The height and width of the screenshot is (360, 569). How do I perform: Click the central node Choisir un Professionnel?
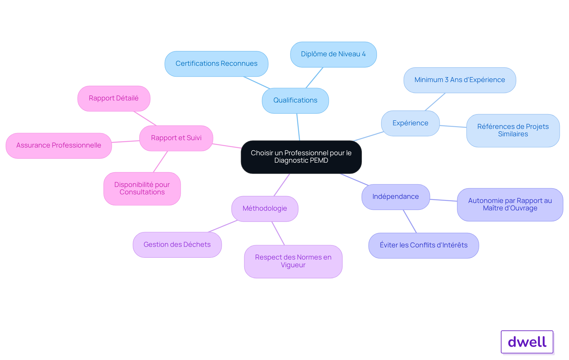(x=301, y=157)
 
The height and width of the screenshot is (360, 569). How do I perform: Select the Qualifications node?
(x=295, y=100)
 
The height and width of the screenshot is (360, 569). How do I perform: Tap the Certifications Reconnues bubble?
(x=216, y=64)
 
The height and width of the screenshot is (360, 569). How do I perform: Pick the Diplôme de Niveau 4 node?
(x=333, y=55)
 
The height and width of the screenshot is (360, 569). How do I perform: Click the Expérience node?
(x=410, y=123)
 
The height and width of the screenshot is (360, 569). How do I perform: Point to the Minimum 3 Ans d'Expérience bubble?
(x=460, y=80)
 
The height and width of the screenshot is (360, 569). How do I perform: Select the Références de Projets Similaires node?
(x=513, y=131)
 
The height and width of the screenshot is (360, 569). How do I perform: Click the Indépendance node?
(x=396, y=197)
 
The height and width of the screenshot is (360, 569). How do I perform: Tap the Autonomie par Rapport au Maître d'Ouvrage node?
(x=510, y=204)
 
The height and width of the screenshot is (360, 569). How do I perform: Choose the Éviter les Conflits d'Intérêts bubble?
(x=423, y=245)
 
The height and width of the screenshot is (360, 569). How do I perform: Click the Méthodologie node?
(x=265, y=209)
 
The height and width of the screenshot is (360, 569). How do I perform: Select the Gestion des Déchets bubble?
(x=177, y=245)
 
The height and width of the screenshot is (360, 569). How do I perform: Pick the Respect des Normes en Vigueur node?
(x=293, y=261)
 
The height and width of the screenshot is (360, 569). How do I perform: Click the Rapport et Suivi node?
(x=176, y=138)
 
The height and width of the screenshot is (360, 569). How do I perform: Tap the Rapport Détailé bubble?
(x=114, y=98)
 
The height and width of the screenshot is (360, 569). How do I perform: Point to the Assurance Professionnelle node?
(x=59, y=145)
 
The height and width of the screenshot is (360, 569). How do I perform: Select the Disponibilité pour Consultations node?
(x=142, y=188)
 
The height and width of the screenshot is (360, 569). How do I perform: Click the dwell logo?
(x=527, y=342)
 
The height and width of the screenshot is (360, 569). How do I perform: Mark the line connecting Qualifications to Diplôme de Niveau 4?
(x=314, y=78)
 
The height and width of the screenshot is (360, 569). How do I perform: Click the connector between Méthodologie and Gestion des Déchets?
(x=223, y=226)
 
